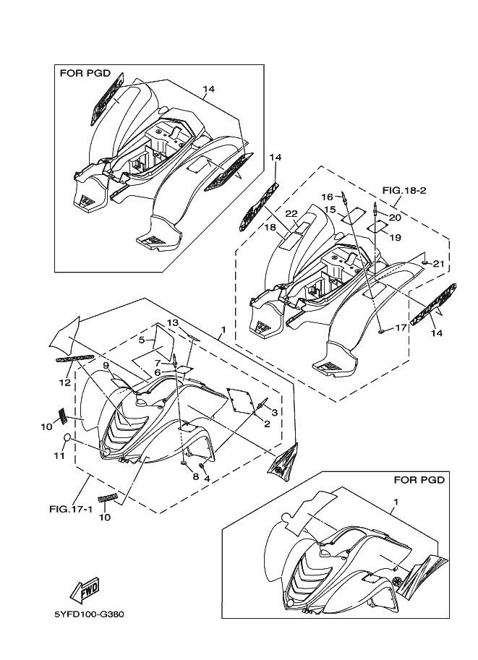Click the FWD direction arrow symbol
[x=85, y=588]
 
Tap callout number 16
[x=326, y=197]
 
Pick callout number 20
[x=395, y=217]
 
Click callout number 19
[x=395, y=237]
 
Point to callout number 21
[x=438, y=264]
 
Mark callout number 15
[x=330, y=210]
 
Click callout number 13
[x=173, y=322]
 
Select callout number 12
[x=64, y=382]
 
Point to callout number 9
[x=106, y=366]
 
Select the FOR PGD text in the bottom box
[x=419, y=479]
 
